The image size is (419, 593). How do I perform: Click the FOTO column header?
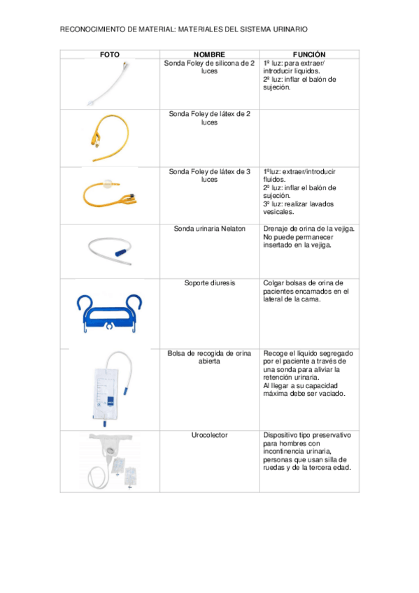110,54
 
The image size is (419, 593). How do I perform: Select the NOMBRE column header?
209,54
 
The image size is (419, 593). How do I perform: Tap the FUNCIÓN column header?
309,54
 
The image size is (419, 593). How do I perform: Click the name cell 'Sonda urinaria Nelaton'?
209,229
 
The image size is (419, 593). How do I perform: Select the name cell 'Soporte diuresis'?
209,283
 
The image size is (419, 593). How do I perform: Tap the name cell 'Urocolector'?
209,435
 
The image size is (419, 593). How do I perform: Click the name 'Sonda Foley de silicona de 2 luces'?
209,66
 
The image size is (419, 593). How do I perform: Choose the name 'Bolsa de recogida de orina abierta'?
209,357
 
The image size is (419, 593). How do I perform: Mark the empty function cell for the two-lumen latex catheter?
309,137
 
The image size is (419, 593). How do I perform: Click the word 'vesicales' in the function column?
279,213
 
